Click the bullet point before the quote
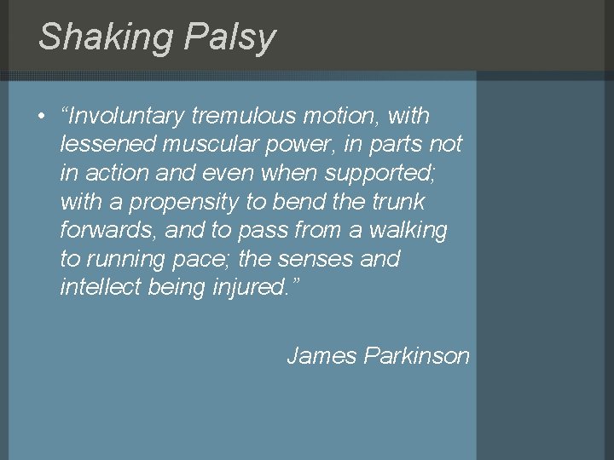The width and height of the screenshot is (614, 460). click(x=41, y=116)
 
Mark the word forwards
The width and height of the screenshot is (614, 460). click(x=109, y=230)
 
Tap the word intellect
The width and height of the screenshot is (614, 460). click(x=101, y=287)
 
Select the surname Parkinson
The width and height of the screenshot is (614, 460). click(x=417, y=355)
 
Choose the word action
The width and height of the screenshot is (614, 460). click(x=120, y=173)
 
